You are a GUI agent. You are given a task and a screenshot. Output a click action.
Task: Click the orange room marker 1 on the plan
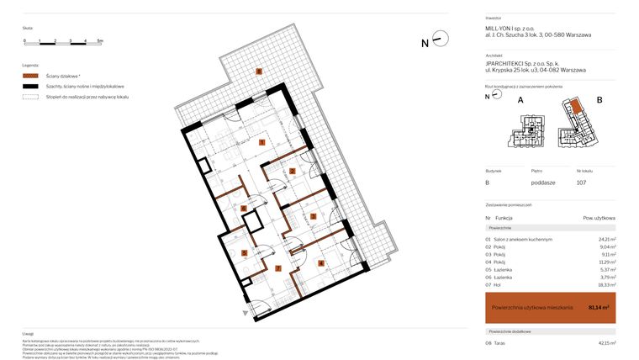click(x=263, y=143)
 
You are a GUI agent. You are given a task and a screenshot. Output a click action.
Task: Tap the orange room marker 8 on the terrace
click(x=259, y=71)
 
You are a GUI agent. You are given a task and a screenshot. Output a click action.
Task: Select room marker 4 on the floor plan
click(x=320, y=263)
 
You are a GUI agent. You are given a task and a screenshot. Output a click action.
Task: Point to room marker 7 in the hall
click(x=278, y=269)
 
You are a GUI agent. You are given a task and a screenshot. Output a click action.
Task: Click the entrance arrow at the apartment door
click(x=246, y=313)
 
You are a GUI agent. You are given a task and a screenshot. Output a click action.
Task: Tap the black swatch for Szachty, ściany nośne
click(x=30, y=87)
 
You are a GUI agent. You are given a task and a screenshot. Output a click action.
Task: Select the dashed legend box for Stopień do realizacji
click(x=30, y=97)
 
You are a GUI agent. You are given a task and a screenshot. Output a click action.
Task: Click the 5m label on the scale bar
click(x=99, y=40)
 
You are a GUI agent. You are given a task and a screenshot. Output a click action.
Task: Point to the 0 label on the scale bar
click(x=25, y=40)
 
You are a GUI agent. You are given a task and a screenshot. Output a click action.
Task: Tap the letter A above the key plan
click(x=520, y=100)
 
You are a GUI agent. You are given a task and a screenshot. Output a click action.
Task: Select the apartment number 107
click(x=581, y=182)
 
